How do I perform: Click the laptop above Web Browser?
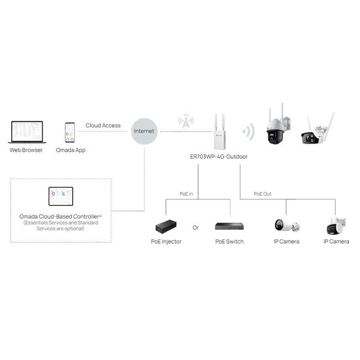(26, 132)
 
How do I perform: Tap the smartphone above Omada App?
(70, 133)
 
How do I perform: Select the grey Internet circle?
(144, 131)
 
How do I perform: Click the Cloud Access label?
(103, 126)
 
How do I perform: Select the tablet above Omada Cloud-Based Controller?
(61, 196)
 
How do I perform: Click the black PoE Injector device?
(167, 226)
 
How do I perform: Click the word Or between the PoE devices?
(196, 228)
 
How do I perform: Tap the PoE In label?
(187, 194)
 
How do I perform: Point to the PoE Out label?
(263, 194)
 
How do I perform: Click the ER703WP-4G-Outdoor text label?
(219, 157)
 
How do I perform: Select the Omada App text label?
(71, 150)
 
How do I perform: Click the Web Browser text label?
(26, 150)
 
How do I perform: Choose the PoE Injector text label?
(166, 241)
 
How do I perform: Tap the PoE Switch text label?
(229, 241)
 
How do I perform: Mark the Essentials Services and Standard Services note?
(60, 225)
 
